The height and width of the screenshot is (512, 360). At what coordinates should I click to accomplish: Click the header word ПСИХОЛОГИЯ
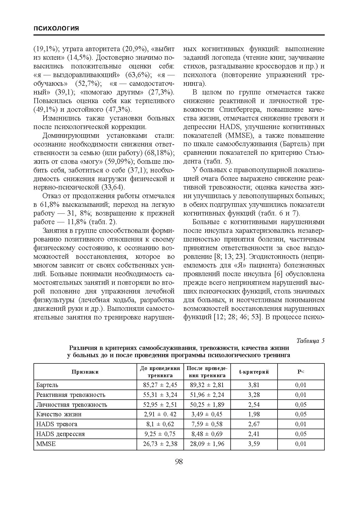tap(56, 29)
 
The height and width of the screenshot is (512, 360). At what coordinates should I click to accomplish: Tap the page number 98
tap(179, 462)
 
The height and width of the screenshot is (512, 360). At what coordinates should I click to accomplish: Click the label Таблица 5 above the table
tap(310, 341)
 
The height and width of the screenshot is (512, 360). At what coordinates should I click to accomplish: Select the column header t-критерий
tap(254, 372)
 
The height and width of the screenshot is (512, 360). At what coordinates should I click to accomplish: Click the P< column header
tap(301, 372)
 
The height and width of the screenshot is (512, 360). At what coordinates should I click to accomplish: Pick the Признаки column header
tap(85, 372)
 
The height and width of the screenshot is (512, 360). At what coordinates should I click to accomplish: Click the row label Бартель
tap(47, 385)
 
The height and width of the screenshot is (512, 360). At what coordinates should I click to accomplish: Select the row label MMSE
tap(46, 444)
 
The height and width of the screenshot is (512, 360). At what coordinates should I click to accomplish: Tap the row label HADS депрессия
tap(60, 434)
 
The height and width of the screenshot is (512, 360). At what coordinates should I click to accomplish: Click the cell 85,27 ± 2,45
tap(160, 385)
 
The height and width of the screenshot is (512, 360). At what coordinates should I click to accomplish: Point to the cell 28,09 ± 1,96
tap(207, 444)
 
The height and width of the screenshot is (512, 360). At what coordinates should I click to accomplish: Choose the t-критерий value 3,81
tap(254, 385)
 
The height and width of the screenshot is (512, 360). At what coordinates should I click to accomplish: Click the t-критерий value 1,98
tap(254, 414)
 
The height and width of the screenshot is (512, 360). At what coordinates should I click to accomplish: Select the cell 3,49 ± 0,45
tap(207, 414)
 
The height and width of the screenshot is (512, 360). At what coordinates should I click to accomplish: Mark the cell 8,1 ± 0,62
tap(160, 424)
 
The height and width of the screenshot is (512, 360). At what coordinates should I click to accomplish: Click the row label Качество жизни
tap(59, 414)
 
